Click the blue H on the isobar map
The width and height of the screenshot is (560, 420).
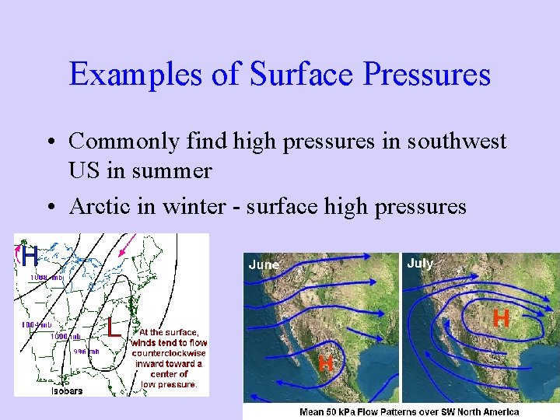click(x=29, y=254)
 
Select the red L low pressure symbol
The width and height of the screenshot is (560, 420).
click(x=114, y=327)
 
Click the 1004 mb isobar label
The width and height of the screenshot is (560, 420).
click(x=36, y=324)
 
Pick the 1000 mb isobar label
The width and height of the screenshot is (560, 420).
click(x=66, y=337)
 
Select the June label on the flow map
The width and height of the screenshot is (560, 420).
click(x=264, y=265)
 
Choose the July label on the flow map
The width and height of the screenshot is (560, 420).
click(x=420, y=264)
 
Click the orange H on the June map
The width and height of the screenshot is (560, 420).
click(x=327, y=362)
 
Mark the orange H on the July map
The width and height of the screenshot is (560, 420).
click(x=502, y=318)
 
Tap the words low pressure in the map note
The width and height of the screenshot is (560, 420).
click(x=169, y=384)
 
